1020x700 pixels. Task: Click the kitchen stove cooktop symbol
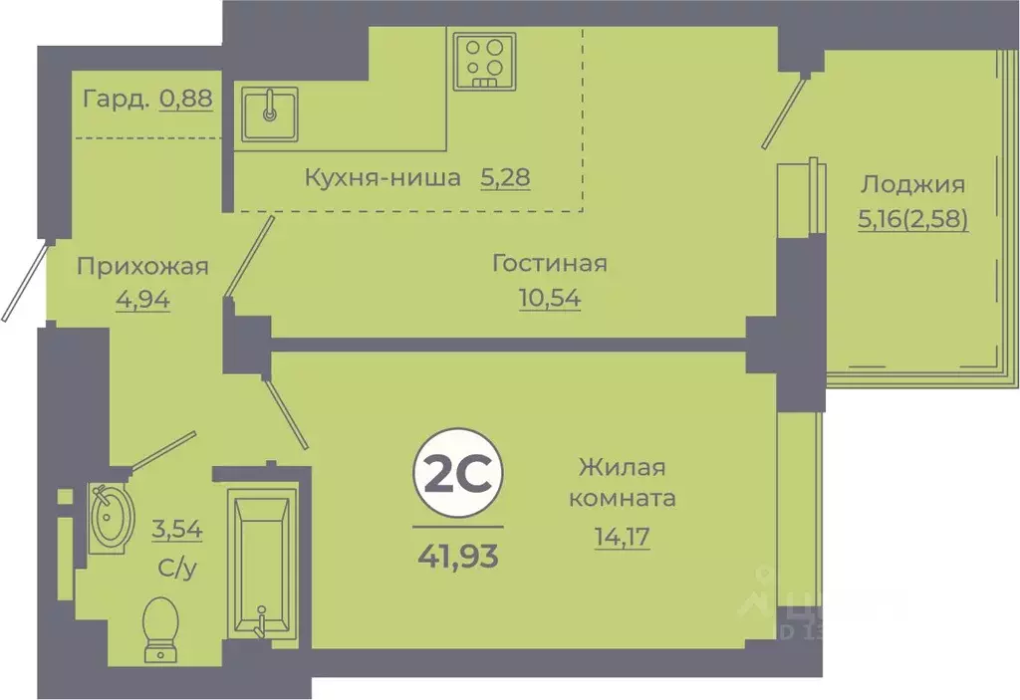[x=484, y=61]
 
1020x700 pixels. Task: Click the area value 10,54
[x=550, y=297]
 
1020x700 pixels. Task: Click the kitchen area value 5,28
[x=505, y=179]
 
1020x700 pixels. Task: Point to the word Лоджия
[x=912, y=184]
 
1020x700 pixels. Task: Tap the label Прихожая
[x=142, y=266]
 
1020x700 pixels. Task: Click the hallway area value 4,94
[x=142, y=298]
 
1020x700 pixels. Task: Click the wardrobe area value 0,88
[x=186, y=99]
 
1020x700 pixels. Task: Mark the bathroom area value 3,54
[x=178, y=529]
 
